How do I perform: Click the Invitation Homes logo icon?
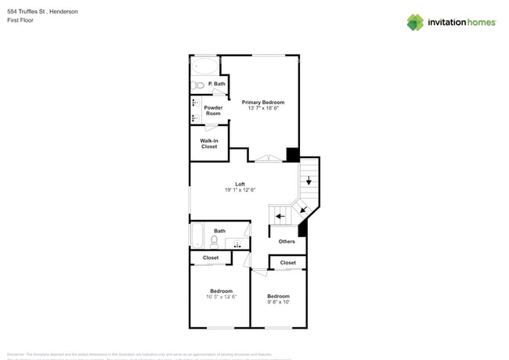click(x=414, y=22)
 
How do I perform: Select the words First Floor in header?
click(x=20, y=20)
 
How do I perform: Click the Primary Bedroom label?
click(x=262, y=103)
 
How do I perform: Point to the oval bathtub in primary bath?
click(x=205, y=66)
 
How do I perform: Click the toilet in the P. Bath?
click(x=199, y=85)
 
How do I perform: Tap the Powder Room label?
click(x=213, y=110)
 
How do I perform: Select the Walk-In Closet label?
click(x=209, y=143)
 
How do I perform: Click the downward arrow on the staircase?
click(x=309, y=182)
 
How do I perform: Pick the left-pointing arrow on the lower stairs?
click(x=280, y=215)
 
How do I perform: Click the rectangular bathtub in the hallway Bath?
click(x=197, y=236)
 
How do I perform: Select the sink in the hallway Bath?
click(x=236, y=244)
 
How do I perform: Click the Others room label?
click(x=287, y=241)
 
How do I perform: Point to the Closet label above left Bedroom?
click(x=211, y=257)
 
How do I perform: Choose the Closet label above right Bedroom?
click(x=288, y=263)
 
